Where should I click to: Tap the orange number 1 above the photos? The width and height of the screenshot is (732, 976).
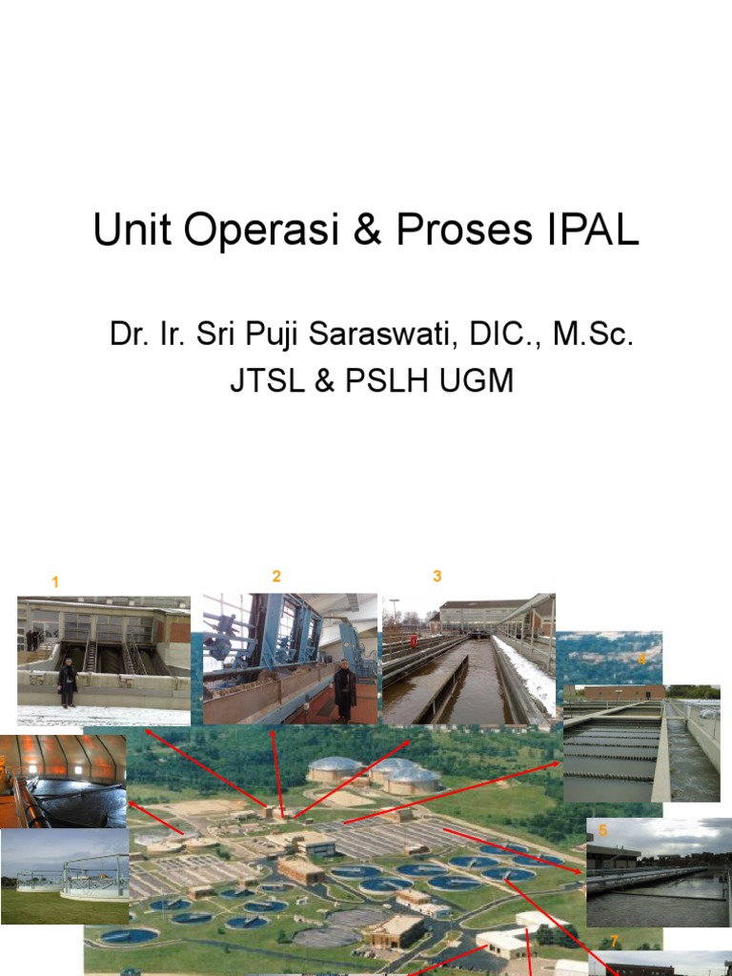55,581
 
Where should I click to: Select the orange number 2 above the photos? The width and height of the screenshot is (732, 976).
276,576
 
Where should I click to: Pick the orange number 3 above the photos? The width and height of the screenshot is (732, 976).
437,576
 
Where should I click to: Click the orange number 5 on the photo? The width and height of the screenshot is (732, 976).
602,830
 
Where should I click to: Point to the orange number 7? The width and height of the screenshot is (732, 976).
614,941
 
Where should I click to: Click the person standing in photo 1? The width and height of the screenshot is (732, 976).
67,682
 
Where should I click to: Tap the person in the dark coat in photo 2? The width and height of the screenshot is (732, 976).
344,688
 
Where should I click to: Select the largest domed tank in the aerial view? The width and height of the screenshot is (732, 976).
334,769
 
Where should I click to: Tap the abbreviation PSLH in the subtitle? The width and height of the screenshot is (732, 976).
388,380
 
